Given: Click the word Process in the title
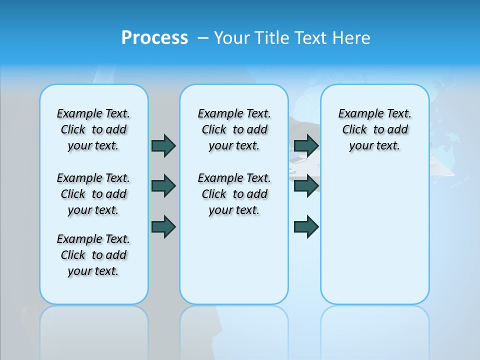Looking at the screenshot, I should pos(154,38).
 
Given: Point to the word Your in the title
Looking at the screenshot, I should pos(232,38).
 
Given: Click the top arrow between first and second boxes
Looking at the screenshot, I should pos(163,145).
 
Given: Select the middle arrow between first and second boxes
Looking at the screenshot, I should pos(163,186).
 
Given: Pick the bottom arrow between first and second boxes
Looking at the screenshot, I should pos(163,226).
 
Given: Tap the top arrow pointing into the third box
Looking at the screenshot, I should pos(306,145).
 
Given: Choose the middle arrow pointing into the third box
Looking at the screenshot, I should pos(306,186).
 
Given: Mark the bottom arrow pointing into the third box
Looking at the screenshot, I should pos(306,226).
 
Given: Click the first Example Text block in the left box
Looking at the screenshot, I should pos(93,129).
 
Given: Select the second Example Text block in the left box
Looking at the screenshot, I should pos(93,194).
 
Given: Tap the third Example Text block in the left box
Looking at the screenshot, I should pos(93,255).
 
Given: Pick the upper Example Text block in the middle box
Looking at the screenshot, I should pos(234,129).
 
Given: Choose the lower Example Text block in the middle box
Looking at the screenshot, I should pos(234,194).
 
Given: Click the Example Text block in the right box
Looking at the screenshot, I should pos(375,129).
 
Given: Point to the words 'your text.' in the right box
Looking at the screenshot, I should pos(374,145).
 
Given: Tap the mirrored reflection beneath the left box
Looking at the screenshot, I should pos(94,330).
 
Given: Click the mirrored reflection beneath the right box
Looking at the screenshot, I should pos(375,330).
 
